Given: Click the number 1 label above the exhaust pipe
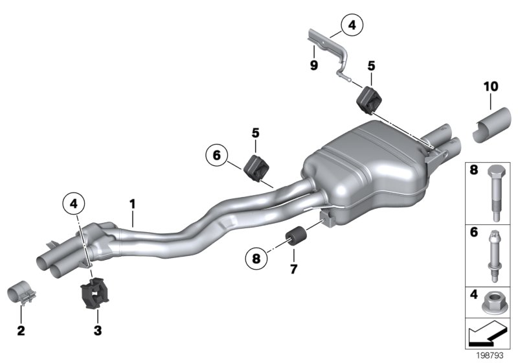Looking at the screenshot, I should [x=132, y=205].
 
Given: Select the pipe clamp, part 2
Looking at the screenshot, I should [x=23, y=296].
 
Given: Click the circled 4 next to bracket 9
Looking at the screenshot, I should [x=352, y=27].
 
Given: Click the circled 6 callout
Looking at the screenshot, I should [x=216, y=155].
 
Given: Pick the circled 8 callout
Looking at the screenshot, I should [x=257, y=259].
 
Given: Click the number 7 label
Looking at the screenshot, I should [x=293, y=268].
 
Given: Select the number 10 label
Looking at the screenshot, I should [x=490, y=86].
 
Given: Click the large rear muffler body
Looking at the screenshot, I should [x=363, y=162].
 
